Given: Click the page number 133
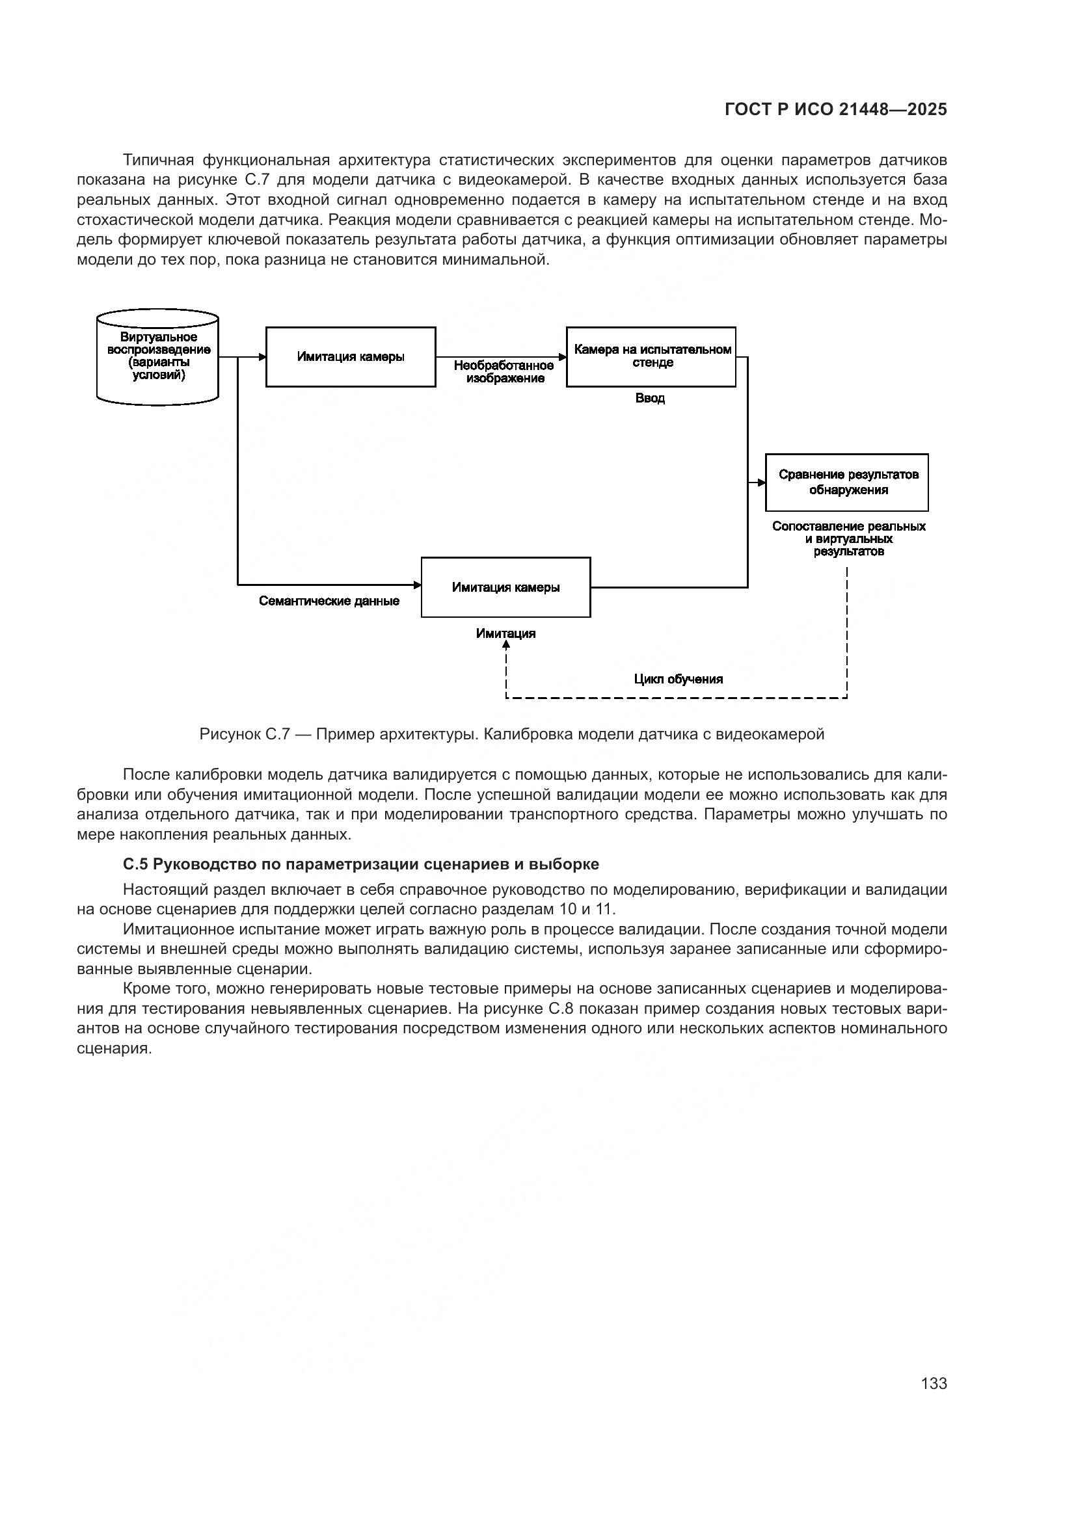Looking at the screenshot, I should pos(934,1383).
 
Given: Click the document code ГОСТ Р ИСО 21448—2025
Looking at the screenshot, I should pos(835,110).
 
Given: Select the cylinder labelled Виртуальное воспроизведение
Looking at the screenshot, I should pos(157,357).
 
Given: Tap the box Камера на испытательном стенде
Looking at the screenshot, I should pos(651,356).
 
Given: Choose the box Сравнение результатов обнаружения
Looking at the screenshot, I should pos(847,483).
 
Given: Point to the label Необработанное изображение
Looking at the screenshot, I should pos(504,372).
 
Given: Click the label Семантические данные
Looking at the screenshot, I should pos(329,602).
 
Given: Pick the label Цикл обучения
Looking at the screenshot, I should pos(678,679).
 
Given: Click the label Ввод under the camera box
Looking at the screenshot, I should pos(650,399).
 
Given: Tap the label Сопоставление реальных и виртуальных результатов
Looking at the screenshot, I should pos(848,538).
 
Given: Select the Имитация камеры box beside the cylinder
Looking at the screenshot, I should pos(351,356).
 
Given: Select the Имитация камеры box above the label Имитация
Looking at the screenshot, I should pos(505,587).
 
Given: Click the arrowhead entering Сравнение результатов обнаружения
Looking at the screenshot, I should pos(761,483).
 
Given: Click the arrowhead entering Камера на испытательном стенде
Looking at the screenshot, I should pos(562,357).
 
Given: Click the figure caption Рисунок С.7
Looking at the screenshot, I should pos(511,734).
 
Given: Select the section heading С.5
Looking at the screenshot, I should pos(360,864).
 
